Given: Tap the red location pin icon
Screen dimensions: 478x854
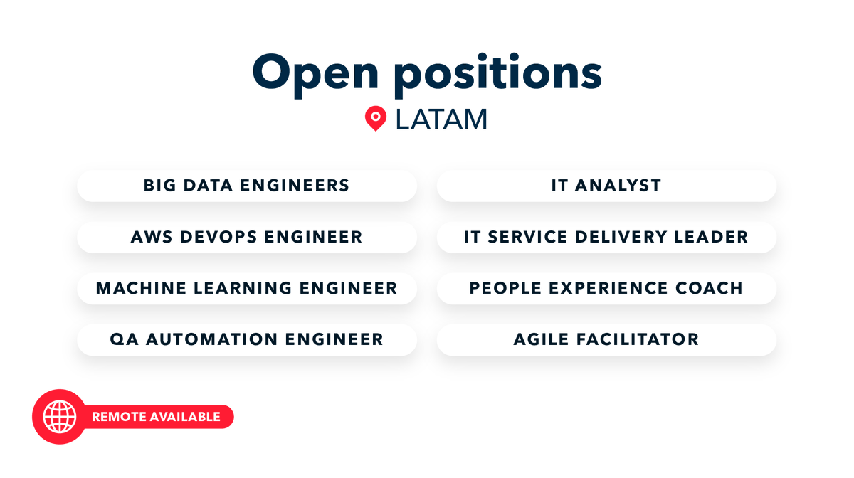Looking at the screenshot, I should coord(375,119).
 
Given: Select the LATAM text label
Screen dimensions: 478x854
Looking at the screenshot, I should coord(441,119).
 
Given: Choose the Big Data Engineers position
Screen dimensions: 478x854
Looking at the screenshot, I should coord(246,186).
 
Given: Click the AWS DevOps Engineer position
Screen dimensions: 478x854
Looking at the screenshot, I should coord(246,237).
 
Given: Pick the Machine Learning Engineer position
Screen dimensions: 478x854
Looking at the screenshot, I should coord(246,288).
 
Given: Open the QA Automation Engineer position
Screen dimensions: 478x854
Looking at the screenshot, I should coord(246,339).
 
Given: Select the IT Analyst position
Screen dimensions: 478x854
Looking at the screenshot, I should coord(606,186).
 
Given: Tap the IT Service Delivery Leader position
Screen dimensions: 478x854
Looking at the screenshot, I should coord(606,237).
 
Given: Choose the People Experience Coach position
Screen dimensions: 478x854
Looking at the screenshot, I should coord(606,288).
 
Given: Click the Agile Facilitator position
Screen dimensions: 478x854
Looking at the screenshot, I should coord(606,339).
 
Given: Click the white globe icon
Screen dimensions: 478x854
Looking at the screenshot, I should coord(59,417).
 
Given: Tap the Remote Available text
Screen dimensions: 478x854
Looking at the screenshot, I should coord(156,417).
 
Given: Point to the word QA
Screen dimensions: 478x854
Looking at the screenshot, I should coord(122,339).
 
